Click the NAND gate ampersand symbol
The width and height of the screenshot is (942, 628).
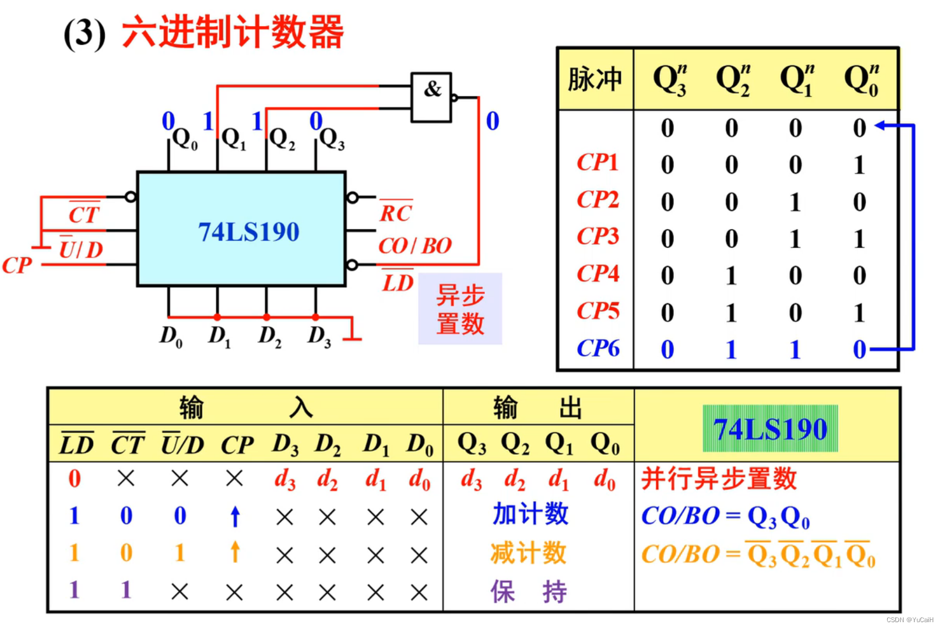(432, 90)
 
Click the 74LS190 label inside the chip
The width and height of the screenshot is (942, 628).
(248, 232)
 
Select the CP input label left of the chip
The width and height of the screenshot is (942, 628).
(16, 265)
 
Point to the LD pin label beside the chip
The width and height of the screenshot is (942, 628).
(398, 282)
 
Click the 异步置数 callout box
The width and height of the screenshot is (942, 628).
(460, 309)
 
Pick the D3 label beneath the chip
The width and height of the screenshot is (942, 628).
(319, 336)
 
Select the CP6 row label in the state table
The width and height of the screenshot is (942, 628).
(597, 349)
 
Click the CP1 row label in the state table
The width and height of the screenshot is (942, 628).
(597, 162)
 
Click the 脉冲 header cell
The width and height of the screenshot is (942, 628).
(595, 79)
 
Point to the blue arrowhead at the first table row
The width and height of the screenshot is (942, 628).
(881, 125)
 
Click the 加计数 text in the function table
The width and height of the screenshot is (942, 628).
(530, 515)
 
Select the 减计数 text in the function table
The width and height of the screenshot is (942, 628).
(528, 553)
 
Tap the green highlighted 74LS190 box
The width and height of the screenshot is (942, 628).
(770, 429)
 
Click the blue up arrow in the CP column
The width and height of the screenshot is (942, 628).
(235, 517)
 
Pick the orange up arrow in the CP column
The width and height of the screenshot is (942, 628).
(235, 552)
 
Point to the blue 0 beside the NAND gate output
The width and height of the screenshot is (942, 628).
(493, 121)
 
